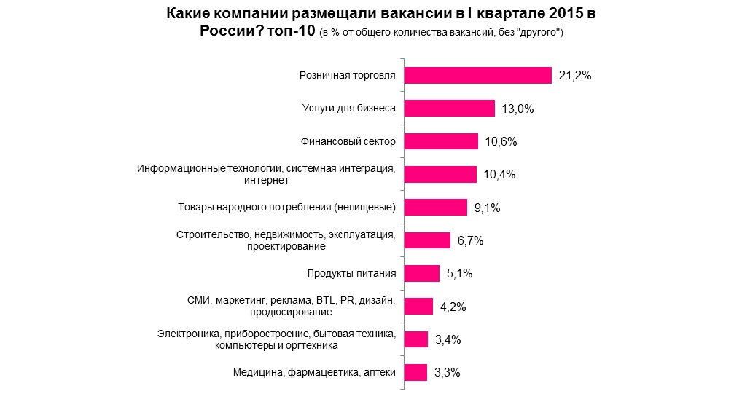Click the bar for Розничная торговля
pyautogui.click(x=477, y=75)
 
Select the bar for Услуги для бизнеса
pyautogui.click(x=450, y=109)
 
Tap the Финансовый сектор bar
pyautogui.click(x=441, y=141)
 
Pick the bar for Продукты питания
pyautogui.click(x=421, y=273)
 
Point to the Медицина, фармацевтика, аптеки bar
pyautogui.click(x=415, y=372)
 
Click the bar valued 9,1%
pyautogui.click(x=435, y=208)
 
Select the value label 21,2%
pyautogui.click(x=574, y=76)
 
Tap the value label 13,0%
pyautogui.click(x=518, y=109)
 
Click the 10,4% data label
pyautogui.click(x=499, y=175)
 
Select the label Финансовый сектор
pyautogui.click(x=348, y=141)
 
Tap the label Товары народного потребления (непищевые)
pyautogui.click(x=286, y=208)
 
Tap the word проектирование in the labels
pyautogui.click(x=285, y=247)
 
